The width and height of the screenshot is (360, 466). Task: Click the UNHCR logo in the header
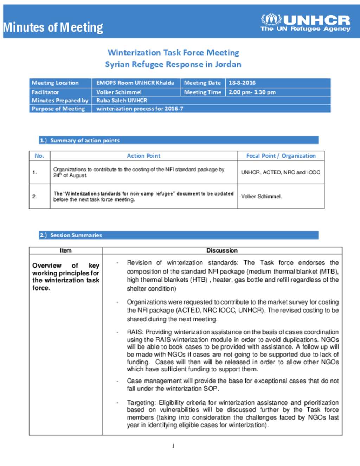pos(305,23)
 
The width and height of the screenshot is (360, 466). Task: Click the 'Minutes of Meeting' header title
pos(53,27)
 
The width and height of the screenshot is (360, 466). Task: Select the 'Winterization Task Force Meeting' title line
pos(173,52)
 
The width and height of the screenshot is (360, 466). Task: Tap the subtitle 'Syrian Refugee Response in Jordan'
pos(173,64)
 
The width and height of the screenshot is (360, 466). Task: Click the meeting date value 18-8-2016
pos(242,83)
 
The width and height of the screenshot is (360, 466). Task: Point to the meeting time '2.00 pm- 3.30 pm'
pos(252,92)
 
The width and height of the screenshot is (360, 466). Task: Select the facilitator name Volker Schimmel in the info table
pos(119,92)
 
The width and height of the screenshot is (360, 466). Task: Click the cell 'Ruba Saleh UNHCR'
pos(122,101)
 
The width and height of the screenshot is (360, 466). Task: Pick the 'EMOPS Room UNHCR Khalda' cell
pos(135,83)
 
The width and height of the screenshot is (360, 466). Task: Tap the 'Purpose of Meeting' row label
pos(58,109)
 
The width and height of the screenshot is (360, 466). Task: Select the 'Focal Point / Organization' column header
pos(281,156)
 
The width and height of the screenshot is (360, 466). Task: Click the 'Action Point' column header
pos(143,156)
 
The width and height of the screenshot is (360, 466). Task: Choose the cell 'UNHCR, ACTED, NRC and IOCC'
pos(281,172)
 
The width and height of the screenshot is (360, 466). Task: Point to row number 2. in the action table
pos(34,197)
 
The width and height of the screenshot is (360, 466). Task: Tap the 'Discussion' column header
pos(222,250)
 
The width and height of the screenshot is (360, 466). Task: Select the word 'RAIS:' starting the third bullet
pos(135,332)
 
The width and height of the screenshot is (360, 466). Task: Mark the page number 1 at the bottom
pos(173,446)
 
